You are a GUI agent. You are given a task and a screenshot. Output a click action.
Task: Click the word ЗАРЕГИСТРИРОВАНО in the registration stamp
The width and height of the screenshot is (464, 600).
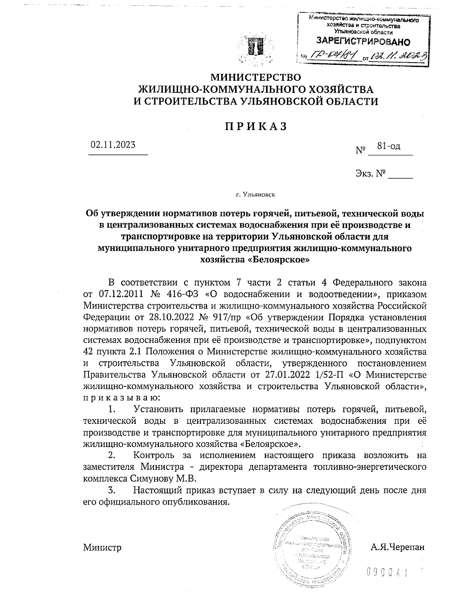click(363, 41)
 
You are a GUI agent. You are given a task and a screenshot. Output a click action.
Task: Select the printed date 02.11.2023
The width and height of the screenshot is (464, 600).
click(113, 145)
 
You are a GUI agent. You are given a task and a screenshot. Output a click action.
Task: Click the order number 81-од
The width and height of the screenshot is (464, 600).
click(389, 146)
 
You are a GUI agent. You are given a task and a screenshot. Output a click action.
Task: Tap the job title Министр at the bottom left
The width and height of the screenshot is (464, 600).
click(102, 547)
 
